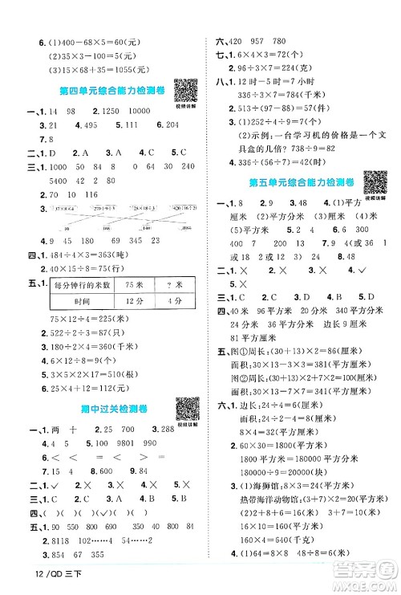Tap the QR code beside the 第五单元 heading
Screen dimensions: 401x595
pos(376,184)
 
